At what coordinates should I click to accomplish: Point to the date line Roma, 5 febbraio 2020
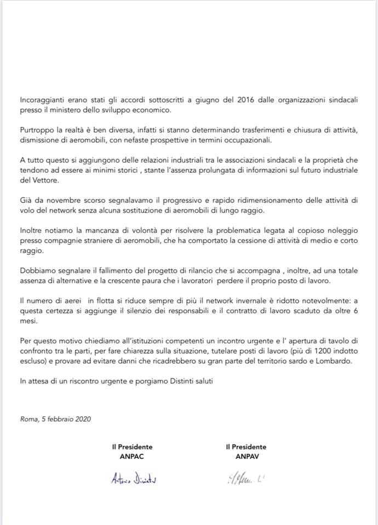[x=55, y=419]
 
